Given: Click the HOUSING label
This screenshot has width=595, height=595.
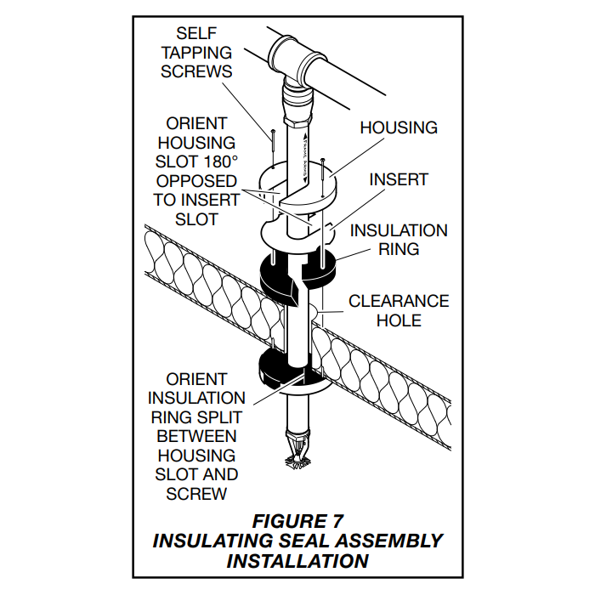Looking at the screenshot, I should [399, 127].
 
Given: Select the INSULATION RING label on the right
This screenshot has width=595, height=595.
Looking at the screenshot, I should [399, 240].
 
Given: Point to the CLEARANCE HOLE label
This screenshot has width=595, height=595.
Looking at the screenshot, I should [399, 311].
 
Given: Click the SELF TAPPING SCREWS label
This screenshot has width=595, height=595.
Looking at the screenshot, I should [196, 53].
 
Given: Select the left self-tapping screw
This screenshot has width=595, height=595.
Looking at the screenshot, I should [271, 149].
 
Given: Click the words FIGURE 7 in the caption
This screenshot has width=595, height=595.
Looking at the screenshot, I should [297, 520].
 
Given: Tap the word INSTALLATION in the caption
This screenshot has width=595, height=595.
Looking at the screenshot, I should [297, 561].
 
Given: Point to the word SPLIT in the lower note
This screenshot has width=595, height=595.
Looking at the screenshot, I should [220, 416].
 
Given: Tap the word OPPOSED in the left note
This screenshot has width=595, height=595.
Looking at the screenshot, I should [196, 180].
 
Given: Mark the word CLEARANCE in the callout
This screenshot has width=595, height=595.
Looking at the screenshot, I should [399, 301].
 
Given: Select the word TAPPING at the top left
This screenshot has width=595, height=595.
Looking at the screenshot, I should [196, 53].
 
